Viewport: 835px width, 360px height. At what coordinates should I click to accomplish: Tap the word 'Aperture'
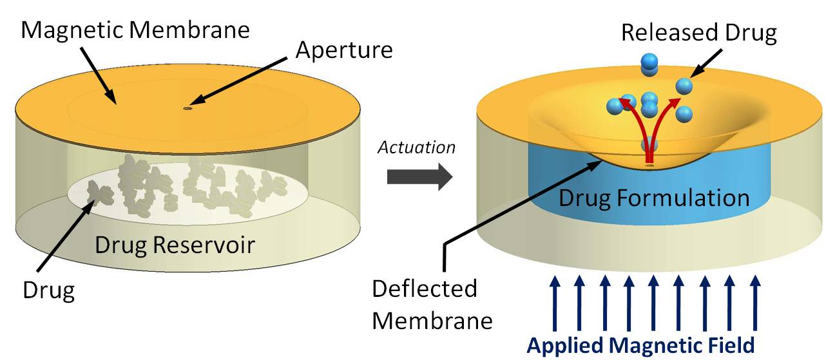coord(343,50)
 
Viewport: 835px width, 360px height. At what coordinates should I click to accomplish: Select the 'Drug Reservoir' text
coord(175,245)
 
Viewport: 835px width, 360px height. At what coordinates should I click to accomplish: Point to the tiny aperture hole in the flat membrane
coord(187,109)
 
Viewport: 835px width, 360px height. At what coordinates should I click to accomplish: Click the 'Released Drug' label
coord(699,33)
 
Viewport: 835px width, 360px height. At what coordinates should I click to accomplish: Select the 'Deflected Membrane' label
coord(425,303)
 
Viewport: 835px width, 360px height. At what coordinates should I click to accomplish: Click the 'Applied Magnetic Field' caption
coord(640,345)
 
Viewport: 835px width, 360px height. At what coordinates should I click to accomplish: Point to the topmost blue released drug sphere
coord(649,63)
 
